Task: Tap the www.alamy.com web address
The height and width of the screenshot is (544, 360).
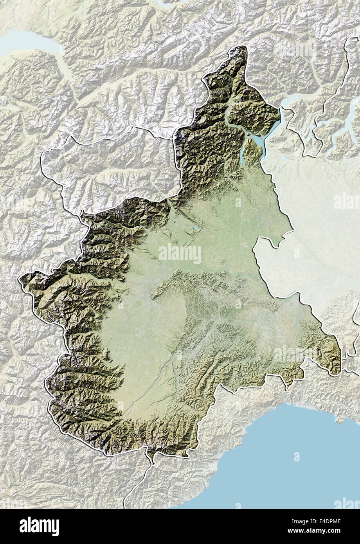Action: point(337,531)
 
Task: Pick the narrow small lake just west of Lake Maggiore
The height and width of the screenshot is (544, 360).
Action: point(242,159)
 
